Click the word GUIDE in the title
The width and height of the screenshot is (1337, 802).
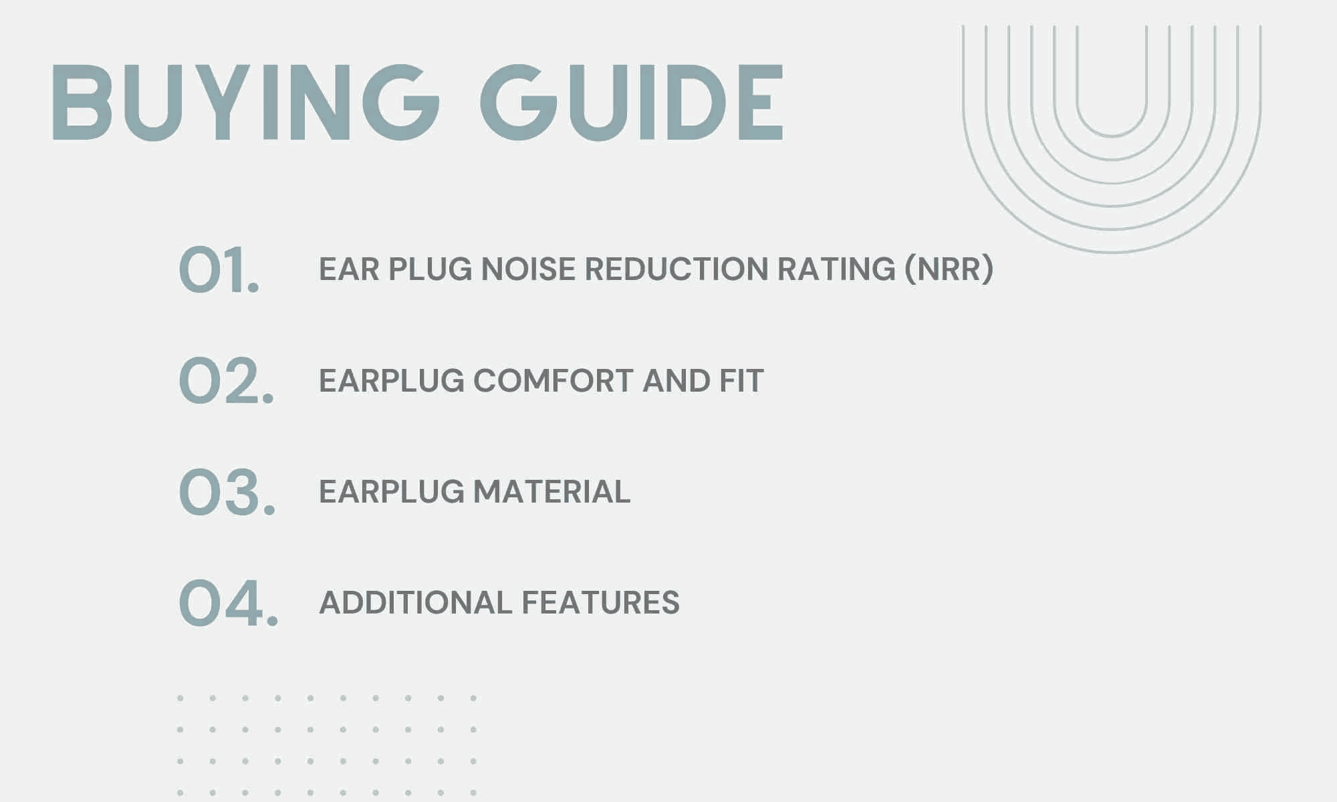click(632, 103)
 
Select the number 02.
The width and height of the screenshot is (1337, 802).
click(227, 381)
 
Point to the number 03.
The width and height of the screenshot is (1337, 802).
click(227, 492)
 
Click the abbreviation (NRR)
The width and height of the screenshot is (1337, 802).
click(949, 269)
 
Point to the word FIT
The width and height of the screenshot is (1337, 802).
click(741, 381)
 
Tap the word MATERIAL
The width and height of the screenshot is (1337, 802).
click(552, 492)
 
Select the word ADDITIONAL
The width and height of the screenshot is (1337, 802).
click(416, 603)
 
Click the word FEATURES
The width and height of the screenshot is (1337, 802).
click(600, 603)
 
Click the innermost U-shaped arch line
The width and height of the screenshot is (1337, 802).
click(1112, 136)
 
